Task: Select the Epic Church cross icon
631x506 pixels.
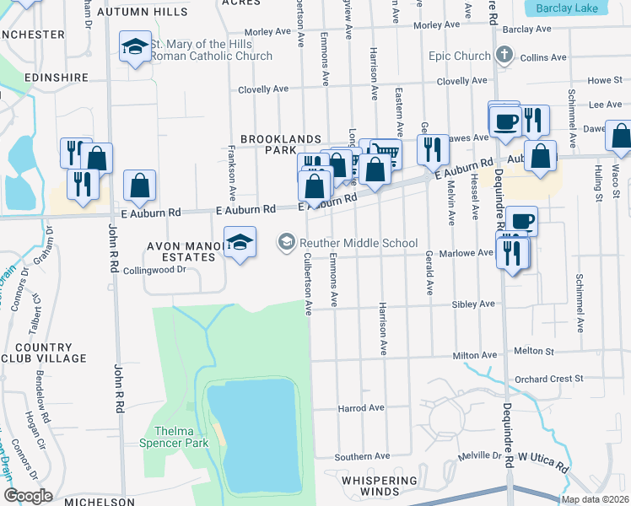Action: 504,57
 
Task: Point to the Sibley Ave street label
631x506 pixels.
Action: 473,304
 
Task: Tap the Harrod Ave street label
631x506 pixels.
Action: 361,407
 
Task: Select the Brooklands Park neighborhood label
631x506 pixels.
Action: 281,143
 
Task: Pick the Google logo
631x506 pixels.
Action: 28,496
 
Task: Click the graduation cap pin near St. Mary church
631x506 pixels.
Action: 135,48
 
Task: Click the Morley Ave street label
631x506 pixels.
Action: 267,32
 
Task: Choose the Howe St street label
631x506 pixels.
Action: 604,80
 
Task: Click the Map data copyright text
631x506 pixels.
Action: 594,499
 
